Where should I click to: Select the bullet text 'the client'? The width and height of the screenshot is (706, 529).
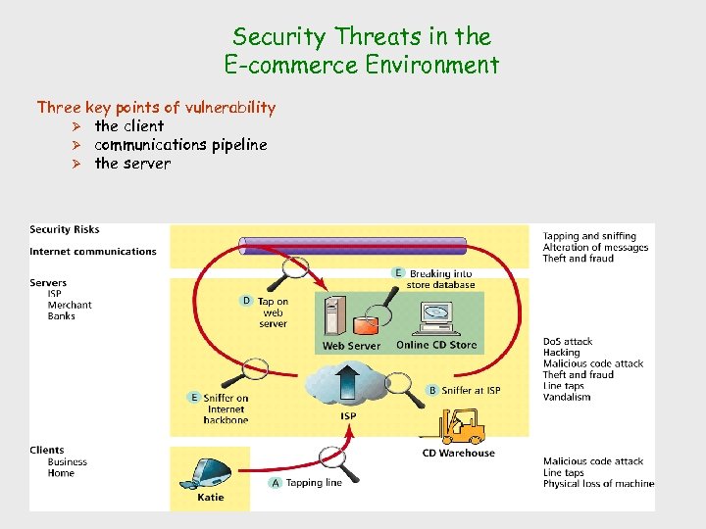(128, 125)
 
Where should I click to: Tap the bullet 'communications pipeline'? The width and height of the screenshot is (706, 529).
(180, 144)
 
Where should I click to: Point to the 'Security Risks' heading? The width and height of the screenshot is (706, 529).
(65, 229)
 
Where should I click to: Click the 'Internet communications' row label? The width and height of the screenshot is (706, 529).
(93, 252)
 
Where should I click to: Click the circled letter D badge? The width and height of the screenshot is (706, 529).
(246, 301)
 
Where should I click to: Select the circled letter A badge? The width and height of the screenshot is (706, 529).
(276, 483)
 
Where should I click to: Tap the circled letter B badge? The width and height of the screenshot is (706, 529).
(432, 390)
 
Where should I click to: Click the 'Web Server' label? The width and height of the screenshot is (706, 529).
(351, 346)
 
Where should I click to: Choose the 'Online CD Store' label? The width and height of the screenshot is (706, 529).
(436, 345)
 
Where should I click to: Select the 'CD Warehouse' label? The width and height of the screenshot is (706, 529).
(459, 454)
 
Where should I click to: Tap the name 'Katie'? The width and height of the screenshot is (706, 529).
(210, 498)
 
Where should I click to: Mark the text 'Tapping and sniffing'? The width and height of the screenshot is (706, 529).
(589, 236)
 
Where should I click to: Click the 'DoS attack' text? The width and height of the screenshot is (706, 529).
(568, 342)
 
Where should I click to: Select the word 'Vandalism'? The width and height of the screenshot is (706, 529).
(567, 397)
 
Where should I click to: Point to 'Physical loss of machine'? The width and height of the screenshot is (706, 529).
(598, 484)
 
